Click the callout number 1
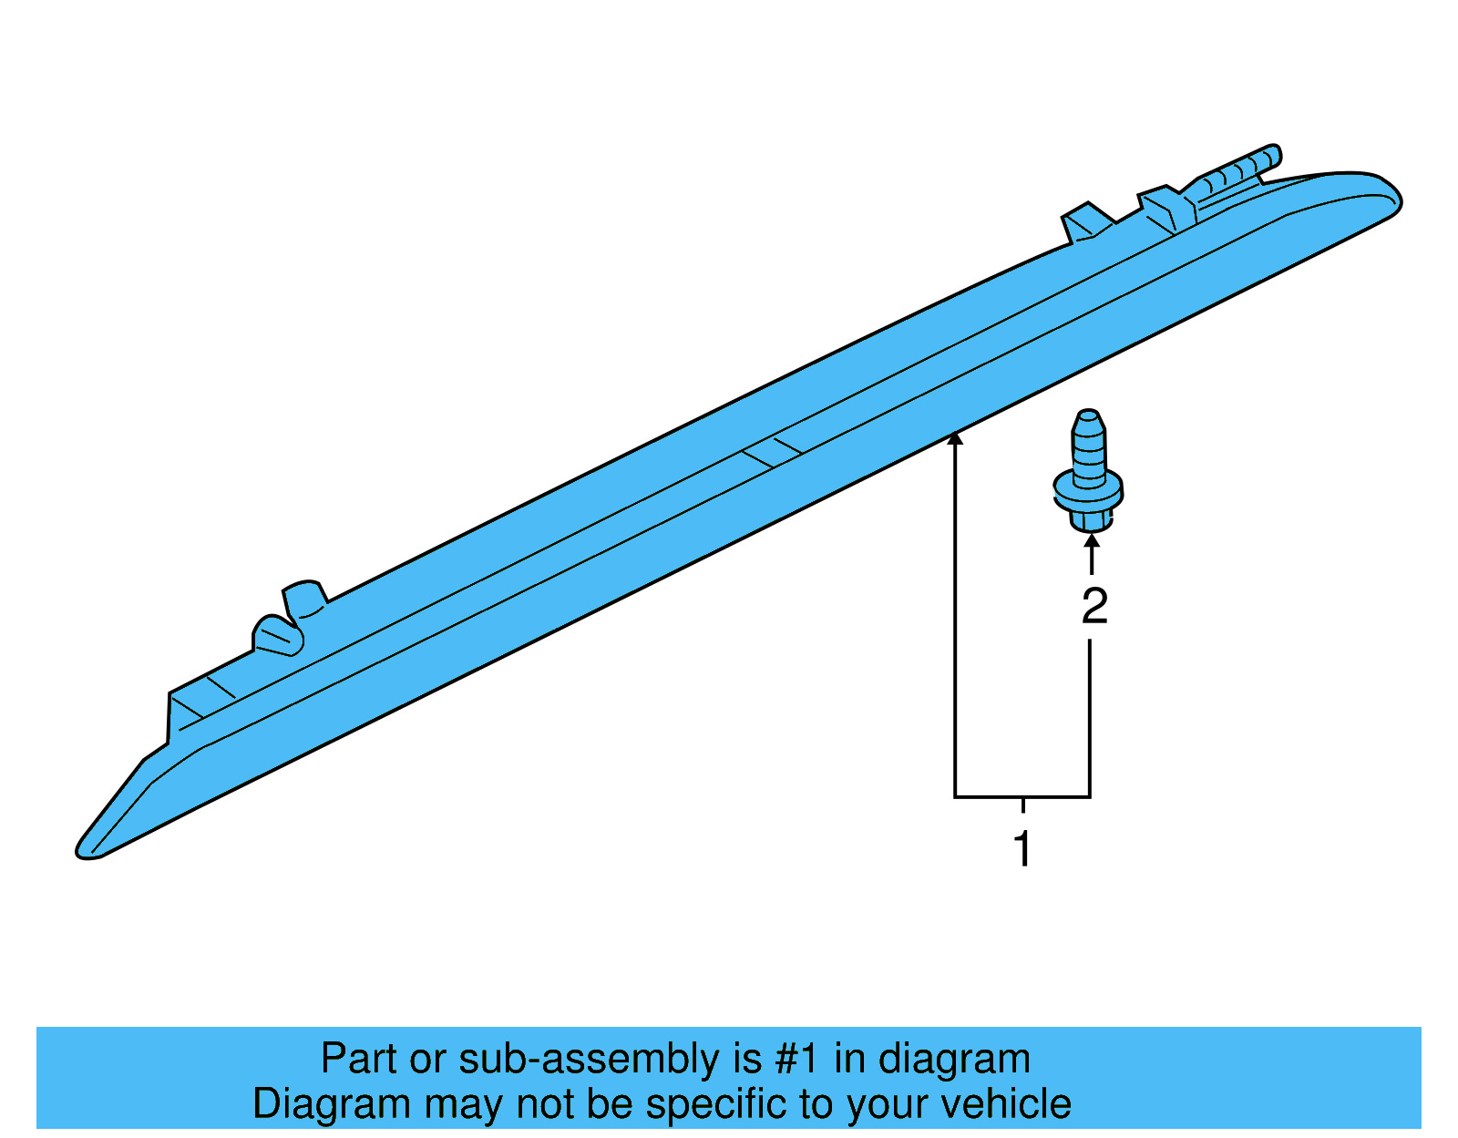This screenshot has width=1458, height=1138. click(1023, 849)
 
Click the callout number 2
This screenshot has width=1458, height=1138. click(1094, 607)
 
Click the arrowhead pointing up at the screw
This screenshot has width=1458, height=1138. click(1092, 542)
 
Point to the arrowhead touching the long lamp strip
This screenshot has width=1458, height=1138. click(955, 439)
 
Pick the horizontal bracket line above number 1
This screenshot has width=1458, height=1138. click(1022, 797)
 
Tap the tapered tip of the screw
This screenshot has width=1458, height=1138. click(1089, 420)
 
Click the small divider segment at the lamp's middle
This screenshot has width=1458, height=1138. click(772, 452)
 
